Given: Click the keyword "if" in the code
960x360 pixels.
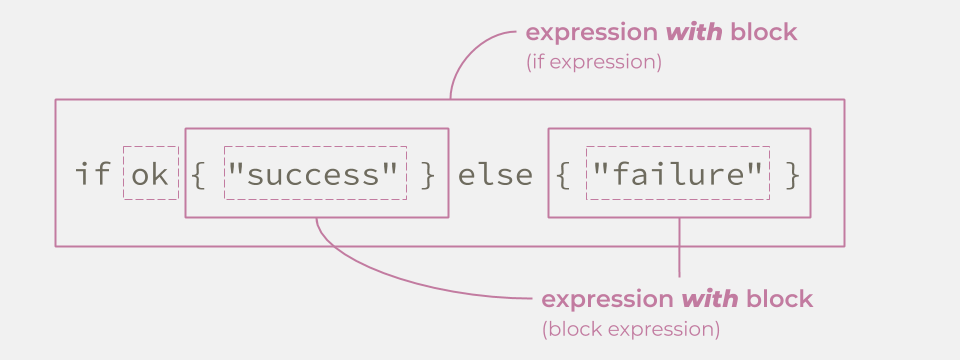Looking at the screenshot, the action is (x=92, y=175).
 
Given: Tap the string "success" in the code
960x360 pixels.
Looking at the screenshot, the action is (x=315, y=175).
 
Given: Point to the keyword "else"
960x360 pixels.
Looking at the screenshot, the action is (x=495, y=175).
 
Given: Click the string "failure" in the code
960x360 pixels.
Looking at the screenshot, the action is (x=678, y=175).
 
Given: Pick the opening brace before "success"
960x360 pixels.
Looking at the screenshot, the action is (x=199, y=175).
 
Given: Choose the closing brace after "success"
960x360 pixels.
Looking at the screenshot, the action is (x=429, y=175).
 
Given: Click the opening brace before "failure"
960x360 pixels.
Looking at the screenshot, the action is (x=563, y=175).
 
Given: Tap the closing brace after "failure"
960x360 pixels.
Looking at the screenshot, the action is (x=792, y=175).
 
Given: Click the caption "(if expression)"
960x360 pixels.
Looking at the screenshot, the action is (x=594, y=61).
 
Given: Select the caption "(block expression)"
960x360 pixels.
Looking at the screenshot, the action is (x=630, y=328).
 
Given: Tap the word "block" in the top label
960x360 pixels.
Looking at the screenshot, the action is (x=764, y=32).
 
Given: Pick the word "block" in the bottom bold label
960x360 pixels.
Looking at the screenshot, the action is (x=779, y=299).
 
